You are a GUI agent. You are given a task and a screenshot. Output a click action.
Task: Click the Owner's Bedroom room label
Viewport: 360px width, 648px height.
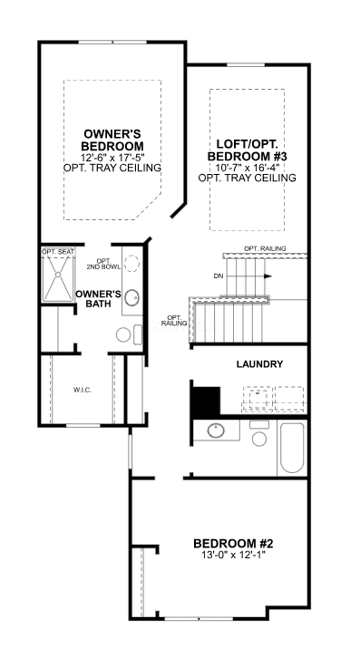point(112,140)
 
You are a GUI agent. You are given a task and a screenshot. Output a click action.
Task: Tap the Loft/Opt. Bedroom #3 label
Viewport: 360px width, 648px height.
point(248,150)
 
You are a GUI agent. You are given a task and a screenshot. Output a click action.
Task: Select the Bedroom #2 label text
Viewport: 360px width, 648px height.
point(234,543)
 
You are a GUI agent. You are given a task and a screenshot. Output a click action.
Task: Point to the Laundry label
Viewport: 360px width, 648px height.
point(259,364)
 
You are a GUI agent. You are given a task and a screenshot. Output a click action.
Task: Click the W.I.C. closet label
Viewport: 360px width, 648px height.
point(83,391)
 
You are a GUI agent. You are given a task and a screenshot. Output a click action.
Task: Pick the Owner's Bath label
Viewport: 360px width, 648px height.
point(98,299)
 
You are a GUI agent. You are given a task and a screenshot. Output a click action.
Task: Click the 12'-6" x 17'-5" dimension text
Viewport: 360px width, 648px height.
point(112,158)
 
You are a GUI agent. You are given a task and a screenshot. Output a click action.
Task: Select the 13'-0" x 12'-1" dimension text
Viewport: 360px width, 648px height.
point(234,554)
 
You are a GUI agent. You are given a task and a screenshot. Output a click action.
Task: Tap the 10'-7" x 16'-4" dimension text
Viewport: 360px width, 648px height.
point(248,168)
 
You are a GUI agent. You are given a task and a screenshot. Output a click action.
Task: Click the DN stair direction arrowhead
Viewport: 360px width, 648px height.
point(268,276)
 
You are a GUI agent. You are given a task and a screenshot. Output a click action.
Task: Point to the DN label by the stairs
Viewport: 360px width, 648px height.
point(219,276)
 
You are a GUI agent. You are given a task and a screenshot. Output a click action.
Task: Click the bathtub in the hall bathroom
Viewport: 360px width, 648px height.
point(292,448)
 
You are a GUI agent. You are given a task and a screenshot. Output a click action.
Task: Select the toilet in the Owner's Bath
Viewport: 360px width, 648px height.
point(129,334)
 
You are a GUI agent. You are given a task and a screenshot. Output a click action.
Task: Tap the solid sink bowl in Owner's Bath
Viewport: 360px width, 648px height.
point(131,297)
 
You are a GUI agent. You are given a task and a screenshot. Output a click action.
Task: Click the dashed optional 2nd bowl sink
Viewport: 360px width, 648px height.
point(131,263)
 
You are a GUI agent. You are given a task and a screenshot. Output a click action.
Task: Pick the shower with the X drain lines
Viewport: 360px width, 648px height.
point(58,274)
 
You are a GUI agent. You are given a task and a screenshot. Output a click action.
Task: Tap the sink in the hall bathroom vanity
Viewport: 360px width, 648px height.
point(216,430)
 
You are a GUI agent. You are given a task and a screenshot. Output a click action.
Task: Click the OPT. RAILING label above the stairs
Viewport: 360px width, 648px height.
point(265,248)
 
